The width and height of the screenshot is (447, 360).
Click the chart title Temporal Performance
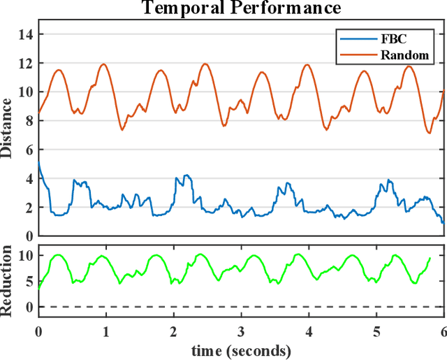pos(241,8)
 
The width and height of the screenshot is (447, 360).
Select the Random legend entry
pos(412,55)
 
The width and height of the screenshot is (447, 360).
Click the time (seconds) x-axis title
pos(241,350)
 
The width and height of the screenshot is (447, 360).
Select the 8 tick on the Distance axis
pos(28,121)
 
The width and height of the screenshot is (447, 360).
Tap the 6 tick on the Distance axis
pos(28,150)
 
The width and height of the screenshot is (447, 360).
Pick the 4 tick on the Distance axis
pos(28,179)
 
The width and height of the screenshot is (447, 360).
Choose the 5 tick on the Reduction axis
pos(28,282)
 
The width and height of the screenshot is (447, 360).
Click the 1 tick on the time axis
pos(105,331)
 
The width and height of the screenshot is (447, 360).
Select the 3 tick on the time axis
pos(241,331)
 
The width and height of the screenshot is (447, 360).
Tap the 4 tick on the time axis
pos(308,331)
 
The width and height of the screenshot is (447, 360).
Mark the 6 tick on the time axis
pos(443,331)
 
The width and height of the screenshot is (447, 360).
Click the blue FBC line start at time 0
pos(38,163)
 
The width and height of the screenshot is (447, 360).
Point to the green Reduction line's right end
pos(430,258)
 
